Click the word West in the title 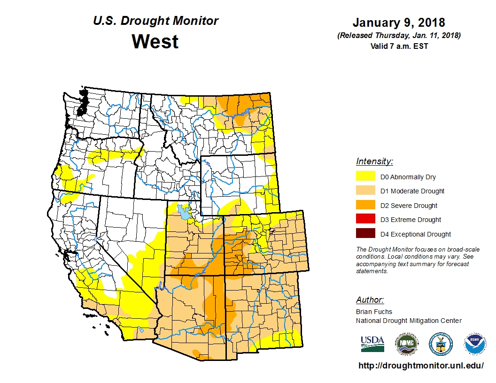155,41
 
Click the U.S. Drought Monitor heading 155,21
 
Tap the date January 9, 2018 399,23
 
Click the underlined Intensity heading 374,161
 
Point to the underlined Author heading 370,300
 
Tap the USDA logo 372,344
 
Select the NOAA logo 475,344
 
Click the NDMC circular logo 406,344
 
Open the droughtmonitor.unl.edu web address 421,365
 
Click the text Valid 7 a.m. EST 399,46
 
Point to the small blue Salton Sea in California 141,329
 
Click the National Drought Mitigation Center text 409,321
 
